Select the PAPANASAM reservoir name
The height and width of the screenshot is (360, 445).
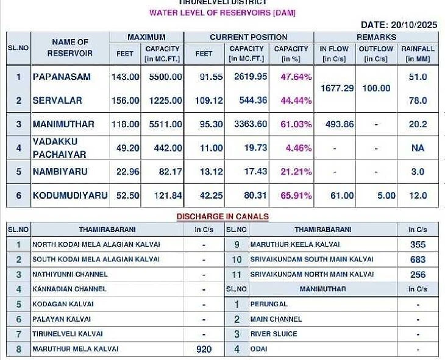click(62, 77)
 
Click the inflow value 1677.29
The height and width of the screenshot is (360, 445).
click(337, 88)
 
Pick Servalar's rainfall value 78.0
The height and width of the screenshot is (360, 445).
click(418, 101)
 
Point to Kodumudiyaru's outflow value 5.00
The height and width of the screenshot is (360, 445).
click(385, 196)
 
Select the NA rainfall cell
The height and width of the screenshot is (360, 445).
click(418, 148)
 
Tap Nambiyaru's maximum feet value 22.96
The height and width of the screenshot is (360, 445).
click(126, 172)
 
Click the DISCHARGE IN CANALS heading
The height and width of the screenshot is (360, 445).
click(222, 216)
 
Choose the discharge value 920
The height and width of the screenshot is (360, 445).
click(204, 349)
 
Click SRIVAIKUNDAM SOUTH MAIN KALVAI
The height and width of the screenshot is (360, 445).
click(311, 259)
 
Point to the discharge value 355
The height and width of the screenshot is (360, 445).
click(418, 244)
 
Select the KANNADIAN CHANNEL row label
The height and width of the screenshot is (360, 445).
click(69, 289)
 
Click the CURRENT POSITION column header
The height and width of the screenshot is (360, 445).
click(249, 37)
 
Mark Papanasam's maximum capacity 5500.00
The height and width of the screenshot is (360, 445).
click(162, 77)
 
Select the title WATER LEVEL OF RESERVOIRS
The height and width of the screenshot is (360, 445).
click(222, 13)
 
